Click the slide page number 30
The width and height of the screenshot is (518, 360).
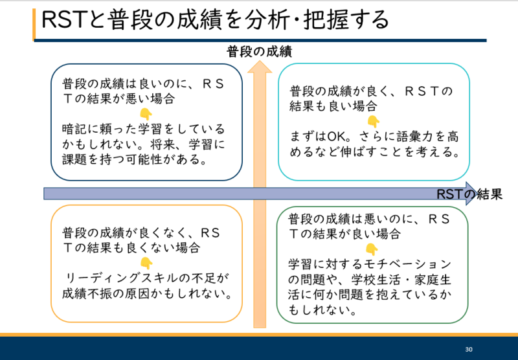[468, 350]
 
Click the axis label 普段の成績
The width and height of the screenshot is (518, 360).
[260, 52]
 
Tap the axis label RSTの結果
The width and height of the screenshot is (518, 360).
[469, 194]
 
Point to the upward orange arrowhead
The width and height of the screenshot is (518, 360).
[260, 67]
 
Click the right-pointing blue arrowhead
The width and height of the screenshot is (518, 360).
[471, 194]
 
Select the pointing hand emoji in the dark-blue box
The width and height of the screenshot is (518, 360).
[146, 114]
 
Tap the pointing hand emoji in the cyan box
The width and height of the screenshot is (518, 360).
[374, 122]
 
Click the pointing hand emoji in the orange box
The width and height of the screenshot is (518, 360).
[146, 264]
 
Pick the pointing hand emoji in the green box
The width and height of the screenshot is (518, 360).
[372, 249]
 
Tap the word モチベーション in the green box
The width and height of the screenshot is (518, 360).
[408, 264]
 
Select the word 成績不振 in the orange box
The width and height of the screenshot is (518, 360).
[87, 293]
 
